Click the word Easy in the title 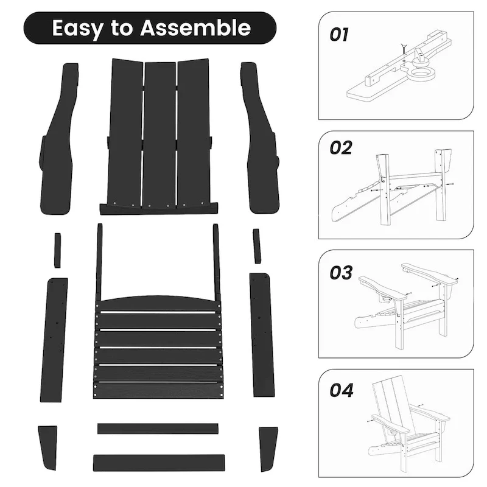click(77, 28)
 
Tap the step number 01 click(340, 35)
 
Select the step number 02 click(341, 148)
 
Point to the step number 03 click(341, 273)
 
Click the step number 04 click(342, 390)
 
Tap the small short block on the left click(57, 250)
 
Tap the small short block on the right click(257, 246)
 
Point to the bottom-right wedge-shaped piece click(267, 448)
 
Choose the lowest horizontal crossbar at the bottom click(158, 463)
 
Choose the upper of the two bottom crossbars click(158, 429)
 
